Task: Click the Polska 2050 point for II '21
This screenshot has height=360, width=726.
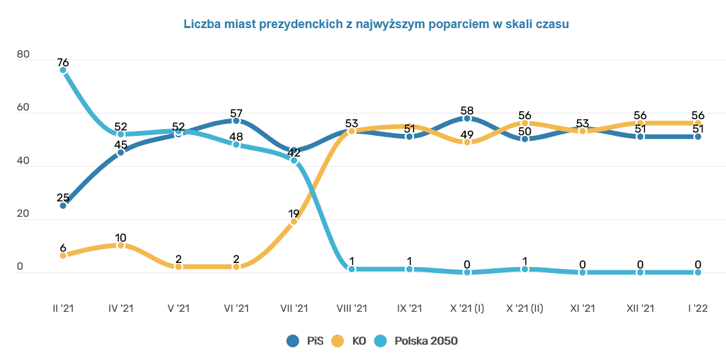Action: click(x=63, y=70)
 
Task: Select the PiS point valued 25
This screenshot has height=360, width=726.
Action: click(x=63, y=205)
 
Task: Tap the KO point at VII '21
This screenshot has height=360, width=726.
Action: click(x=294, y=221)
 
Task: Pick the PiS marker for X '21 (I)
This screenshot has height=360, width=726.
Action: click(x=467, y=118)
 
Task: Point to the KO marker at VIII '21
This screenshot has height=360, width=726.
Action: click(x=351, y=131)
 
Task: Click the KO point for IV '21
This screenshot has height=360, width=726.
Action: click(x=120, y=246)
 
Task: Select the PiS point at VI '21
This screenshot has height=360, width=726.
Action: click(x=236, y=120)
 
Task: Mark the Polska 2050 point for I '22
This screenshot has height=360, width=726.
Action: click(x=698, y=272)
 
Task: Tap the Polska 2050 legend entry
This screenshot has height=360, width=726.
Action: click(x=418, y=341)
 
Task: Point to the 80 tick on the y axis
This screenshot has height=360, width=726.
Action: click(x=23, y=55)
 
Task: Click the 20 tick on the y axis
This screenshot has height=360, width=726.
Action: click(x=23, y=214)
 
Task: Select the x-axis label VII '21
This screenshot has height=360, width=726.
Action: click(x=294, y=308)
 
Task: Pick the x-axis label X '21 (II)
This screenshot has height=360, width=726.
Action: click(x=525, y=308)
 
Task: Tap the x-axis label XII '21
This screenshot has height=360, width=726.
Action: click(x=640, y=308)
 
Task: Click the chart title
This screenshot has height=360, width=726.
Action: click(x=376, y=24)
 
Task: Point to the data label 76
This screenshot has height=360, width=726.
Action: click(x=63, y=62)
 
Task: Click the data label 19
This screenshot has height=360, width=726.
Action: click(x=294, y=213)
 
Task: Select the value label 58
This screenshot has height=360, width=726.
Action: click(x=467, y=110)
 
